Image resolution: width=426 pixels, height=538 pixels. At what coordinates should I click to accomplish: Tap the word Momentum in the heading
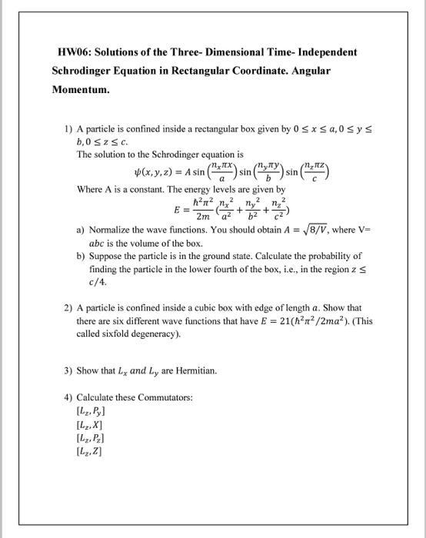(x=81, y=89)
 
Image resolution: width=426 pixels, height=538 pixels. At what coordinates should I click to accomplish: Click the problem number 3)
(x=68, y=370)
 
